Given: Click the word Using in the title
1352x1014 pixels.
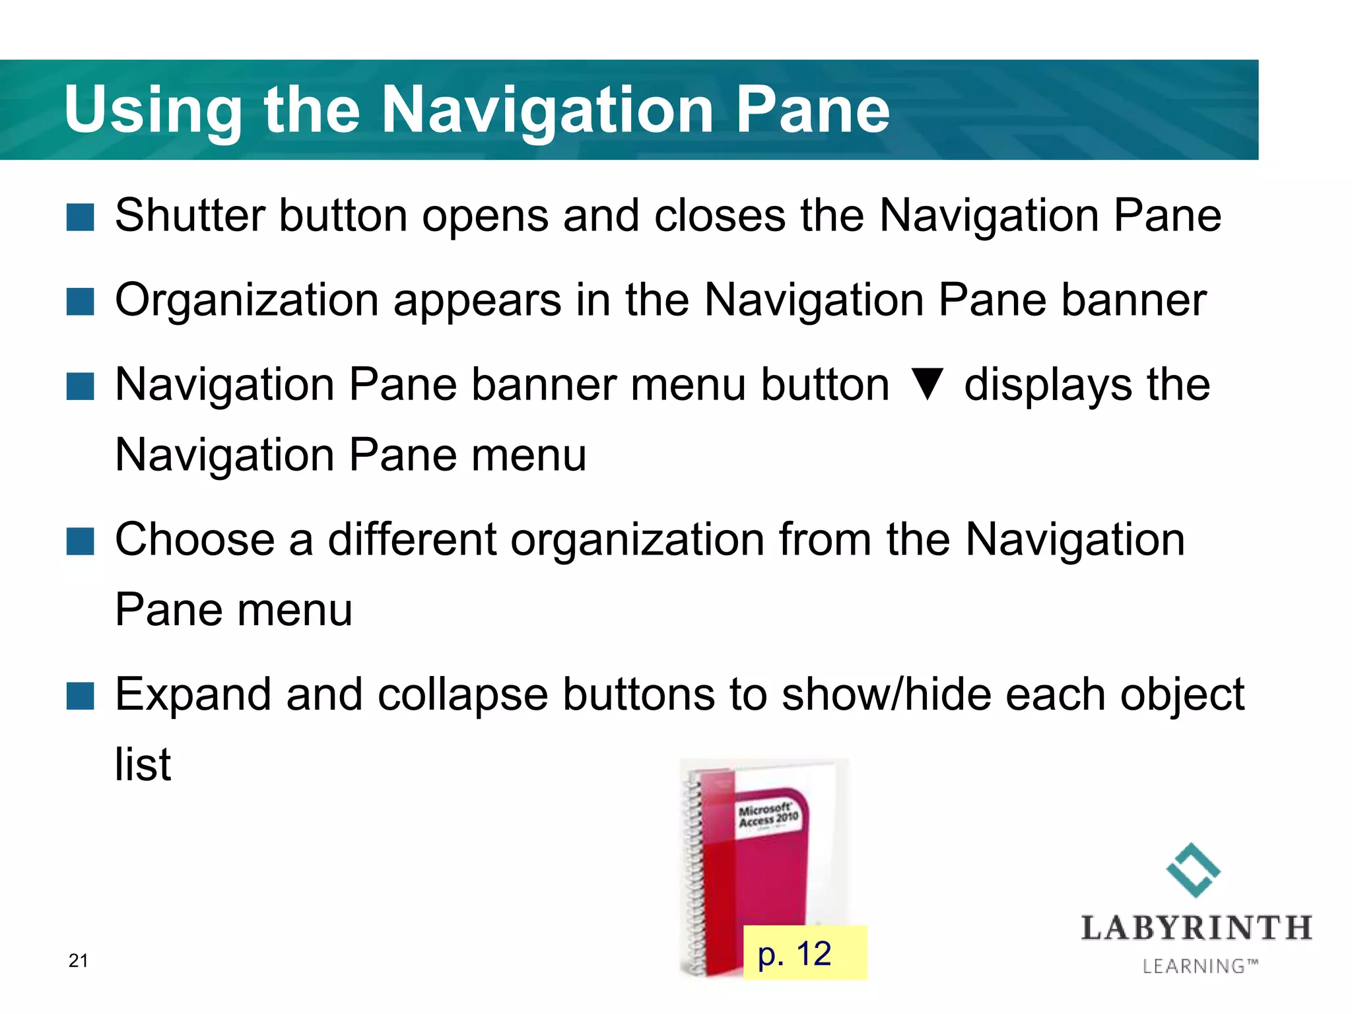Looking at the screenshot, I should tap(153, 110).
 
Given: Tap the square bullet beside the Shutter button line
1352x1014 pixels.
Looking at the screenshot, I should tap(81, 217).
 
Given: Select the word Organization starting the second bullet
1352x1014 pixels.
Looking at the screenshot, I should tap(246, 300).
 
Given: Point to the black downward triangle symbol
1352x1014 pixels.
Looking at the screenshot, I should tap(927, 385).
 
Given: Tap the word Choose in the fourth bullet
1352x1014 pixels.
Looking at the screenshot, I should tap(195, 539).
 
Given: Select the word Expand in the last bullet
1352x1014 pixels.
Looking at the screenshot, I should tap(193, 694).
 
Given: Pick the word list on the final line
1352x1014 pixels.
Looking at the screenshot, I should tap(143, 764).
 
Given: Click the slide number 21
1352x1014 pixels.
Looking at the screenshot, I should tap(78, 961).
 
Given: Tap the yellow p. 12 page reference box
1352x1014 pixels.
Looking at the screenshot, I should tap(804, 953).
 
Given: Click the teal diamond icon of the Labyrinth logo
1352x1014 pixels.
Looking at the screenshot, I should tap(1194, 870).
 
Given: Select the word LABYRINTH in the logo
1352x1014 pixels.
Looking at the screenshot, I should tap(1196, 928).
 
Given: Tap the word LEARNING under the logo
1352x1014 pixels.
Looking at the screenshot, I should tap(1194, 966).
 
